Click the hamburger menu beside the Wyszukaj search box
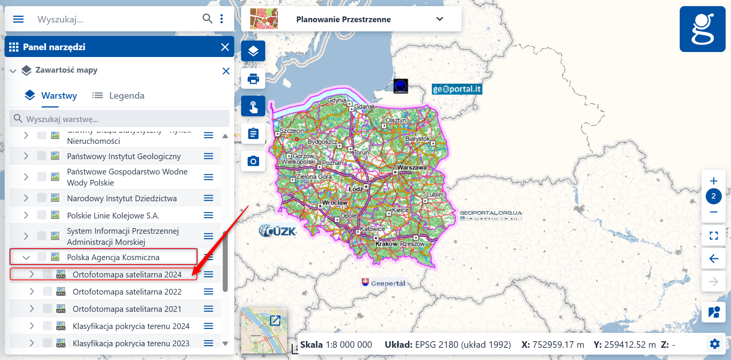[x=18, y=19]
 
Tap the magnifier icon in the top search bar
[x=207, y=18]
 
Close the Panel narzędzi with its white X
[x=225, y=47]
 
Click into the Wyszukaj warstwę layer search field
[x=122, y=119]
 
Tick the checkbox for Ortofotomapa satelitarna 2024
[x=47, y=274]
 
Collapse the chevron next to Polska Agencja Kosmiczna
[x=26, y=257]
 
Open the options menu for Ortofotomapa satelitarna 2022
[x=209, y=292]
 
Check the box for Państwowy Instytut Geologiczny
[x=42, y=156]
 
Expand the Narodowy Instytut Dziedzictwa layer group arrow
[x=26, y=198]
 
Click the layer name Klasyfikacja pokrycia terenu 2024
[x=131, y=326]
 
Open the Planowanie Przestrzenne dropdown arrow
[x=440, y=19]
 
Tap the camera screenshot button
[x=253, y=161]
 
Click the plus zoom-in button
[x=713, y=181]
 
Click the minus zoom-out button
[x=713, y=212]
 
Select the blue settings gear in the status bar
[x=715, y=344]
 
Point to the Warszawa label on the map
[x=412, y=168]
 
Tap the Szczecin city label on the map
[x=292, y=130]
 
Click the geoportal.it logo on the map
[x=457, y=89]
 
